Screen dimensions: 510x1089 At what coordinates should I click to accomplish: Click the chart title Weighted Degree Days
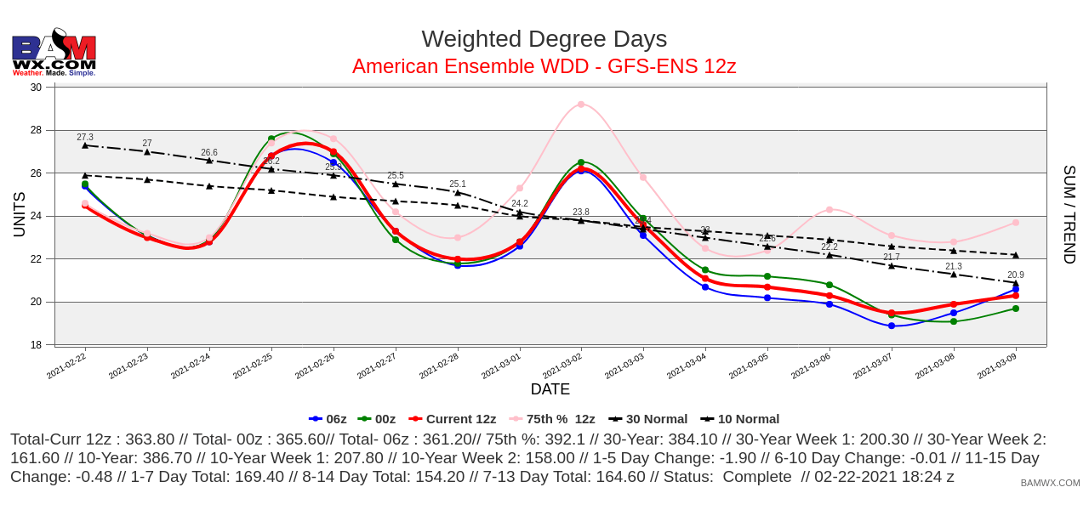coord(544,39)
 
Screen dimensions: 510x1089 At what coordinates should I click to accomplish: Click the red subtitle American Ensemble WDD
coord(544,66)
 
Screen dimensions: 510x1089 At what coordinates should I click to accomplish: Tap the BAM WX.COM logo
coord(54,53)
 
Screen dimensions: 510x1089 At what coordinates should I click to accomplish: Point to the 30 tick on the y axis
coord(36,88)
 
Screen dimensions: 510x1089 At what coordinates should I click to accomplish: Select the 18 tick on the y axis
coord(36,345)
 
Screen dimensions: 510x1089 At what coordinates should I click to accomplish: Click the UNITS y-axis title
coord(19,214)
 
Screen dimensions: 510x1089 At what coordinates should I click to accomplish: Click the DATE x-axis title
coord(550,389)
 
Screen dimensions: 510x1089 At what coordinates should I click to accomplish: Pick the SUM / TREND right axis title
coord(1069,214)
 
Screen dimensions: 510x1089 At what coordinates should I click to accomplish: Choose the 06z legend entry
coord(328,419)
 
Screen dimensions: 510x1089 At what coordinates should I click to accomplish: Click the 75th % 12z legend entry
coord(552,419)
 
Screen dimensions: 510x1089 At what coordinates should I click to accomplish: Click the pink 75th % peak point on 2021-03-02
coord(581,105)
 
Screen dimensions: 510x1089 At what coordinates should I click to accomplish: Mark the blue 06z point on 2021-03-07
coord(892,326)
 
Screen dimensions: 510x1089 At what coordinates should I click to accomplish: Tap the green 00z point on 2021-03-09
coord(1016,309)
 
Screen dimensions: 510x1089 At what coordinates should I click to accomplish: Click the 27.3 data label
coord(85,137)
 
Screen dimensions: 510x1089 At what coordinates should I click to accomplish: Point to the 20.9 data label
coord(1016,275)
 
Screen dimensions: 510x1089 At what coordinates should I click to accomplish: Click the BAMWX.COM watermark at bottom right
coord(1050,483)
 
